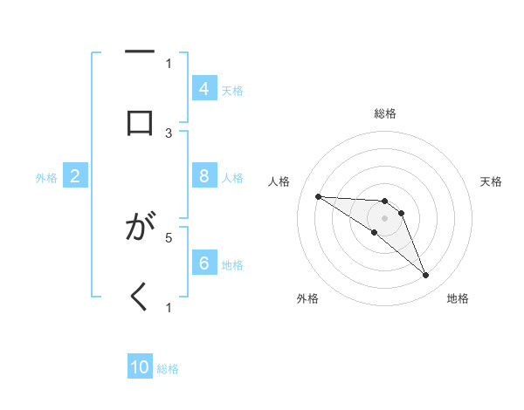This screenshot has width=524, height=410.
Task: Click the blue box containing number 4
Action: [204, 89]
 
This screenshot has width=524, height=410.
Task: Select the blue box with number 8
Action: [204, 176]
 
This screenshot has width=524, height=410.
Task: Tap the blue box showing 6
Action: [204, 263]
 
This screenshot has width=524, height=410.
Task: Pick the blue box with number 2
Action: [75, 176]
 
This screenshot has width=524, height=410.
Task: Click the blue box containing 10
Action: [140, 367]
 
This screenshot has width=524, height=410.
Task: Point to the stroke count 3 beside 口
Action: [169, 133]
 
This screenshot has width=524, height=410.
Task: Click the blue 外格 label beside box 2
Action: [46, 178]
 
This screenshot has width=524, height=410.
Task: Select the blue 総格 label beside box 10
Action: [168, 369]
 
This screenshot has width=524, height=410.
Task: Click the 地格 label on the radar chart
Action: [458, 298]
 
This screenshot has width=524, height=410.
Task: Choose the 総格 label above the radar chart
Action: [384, 113]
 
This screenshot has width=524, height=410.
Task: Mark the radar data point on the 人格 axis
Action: [318, 196]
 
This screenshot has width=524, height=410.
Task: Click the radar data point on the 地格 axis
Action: [425, 276]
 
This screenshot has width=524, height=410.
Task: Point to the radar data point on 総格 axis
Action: [384, 201]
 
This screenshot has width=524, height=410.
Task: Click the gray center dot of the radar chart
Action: [384, 217]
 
